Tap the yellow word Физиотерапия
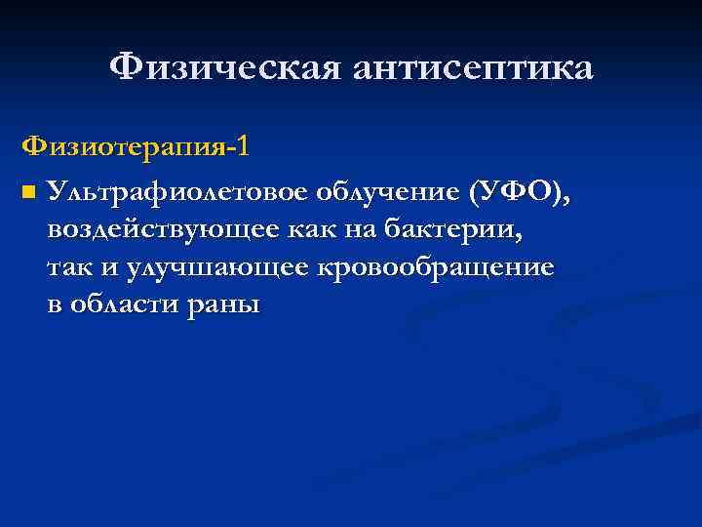click(x=122, y=147)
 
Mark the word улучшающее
click(x=214, y=268)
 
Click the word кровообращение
click(x=434, y=268)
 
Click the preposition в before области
click(x=55, y=305)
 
